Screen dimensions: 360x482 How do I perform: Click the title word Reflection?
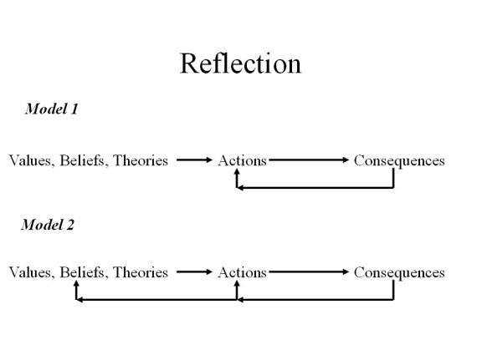click(240, 63)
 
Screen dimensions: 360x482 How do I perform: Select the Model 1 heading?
click(52, 109)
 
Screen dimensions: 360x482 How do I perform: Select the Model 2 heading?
click(48, 224)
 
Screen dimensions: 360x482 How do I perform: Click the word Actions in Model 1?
click(242, 160)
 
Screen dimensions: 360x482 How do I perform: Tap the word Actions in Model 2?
click(242, 272)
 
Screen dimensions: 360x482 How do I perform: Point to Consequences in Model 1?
click(399, 160)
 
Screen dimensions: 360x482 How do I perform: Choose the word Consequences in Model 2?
click(399, 272)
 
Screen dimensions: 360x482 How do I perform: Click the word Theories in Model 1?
click(141, 160)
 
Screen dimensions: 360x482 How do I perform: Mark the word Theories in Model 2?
click(141, 272)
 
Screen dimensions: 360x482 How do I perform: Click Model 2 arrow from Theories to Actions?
click(195, 272)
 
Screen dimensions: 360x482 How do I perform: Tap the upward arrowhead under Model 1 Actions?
click(238, 173)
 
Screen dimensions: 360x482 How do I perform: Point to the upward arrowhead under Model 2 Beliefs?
click(76, 285)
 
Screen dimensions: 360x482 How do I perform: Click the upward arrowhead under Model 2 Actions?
click(238, 285)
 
